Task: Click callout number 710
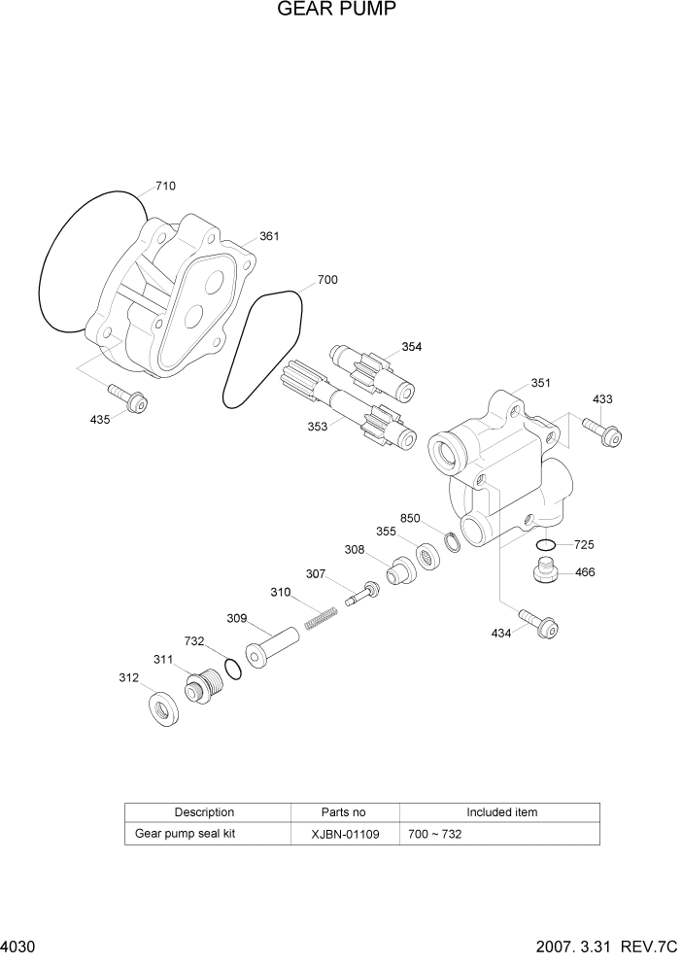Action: coord(165,186)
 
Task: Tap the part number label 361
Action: coord(269,236)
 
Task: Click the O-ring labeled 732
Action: coord(232,669)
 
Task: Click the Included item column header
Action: coord(500,812)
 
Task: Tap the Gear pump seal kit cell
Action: coord(185,834)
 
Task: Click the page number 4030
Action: coord(18,947)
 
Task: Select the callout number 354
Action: coord(412,347)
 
